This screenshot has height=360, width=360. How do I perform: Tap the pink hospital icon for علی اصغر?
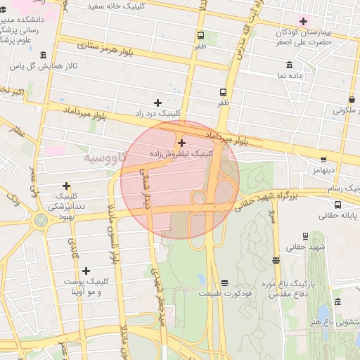tap(303, 20)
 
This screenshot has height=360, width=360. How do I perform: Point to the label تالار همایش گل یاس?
tap(42, 67)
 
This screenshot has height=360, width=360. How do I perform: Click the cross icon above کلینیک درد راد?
tap(157, 103)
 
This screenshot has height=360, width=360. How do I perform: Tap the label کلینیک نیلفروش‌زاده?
tap(181, 153)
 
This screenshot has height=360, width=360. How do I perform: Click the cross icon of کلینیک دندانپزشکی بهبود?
tap(66, 185)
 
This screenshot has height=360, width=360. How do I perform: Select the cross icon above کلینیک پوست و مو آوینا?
tap(86, 271)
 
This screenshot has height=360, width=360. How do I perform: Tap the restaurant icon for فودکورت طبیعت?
tap(224, 282)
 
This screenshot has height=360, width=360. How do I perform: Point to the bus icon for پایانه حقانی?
tap(339, 205)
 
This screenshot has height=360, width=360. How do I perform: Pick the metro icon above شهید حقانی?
tap(276, 260)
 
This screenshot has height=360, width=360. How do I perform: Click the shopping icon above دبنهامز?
tap(323, 159)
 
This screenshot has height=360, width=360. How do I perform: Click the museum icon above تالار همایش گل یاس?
tap(44, 55)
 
